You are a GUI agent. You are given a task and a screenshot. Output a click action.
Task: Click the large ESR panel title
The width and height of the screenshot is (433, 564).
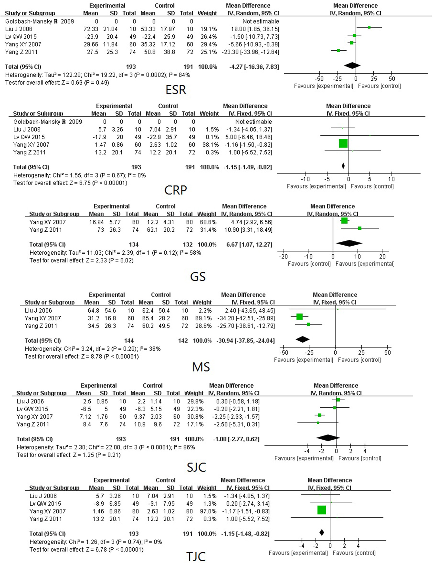tap(176, 90)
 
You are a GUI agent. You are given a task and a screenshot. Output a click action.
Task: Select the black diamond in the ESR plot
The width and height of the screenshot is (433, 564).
tap(352, 66)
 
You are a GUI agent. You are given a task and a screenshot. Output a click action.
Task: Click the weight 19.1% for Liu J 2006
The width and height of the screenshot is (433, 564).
tap(208, 29)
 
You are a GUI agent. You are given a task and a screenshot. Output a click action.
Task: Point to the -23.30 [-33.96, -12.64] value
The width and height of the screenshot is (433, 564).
tap(250, 52)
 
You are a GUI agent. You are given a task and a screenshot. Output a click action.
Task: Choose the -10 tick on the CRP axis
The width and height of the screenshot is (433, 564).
tap(305, 179)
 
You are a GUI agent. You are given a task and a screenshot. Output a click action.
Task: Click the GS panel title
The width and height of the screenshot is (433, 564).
tap(198, 277)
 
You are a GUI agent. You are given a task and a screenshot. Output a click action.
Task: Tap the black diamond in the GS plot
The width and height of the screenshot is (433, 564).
tap(349, 243)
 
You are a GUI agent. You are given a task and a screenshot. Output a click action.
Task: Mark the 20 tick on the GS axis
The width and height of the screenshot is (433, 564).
tap(382, 257)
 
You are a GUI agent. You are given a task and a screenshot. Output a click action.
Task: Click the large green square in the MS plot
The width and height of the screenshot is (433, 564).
tap(300, 316)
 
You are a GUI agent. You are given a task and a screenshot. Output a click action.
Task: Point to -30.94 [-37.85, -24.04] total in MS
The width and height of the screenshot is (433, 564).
tap(245, 340)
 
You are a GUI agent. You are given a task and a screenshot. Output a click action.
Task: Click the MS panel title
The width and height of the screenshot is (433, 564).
tap(201, 367)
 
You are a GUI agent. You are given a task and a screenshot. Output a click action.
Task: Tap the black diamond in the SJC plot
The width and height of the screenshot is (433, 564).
tap(328, 438)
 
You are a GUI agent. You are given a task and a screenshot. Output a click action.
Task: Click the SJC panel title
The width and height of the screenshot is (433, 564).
tap(196, 467)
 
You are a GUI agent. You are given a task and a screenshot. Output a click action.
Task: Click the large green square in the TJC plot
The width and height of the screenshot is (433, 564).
tap(322, 510)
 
